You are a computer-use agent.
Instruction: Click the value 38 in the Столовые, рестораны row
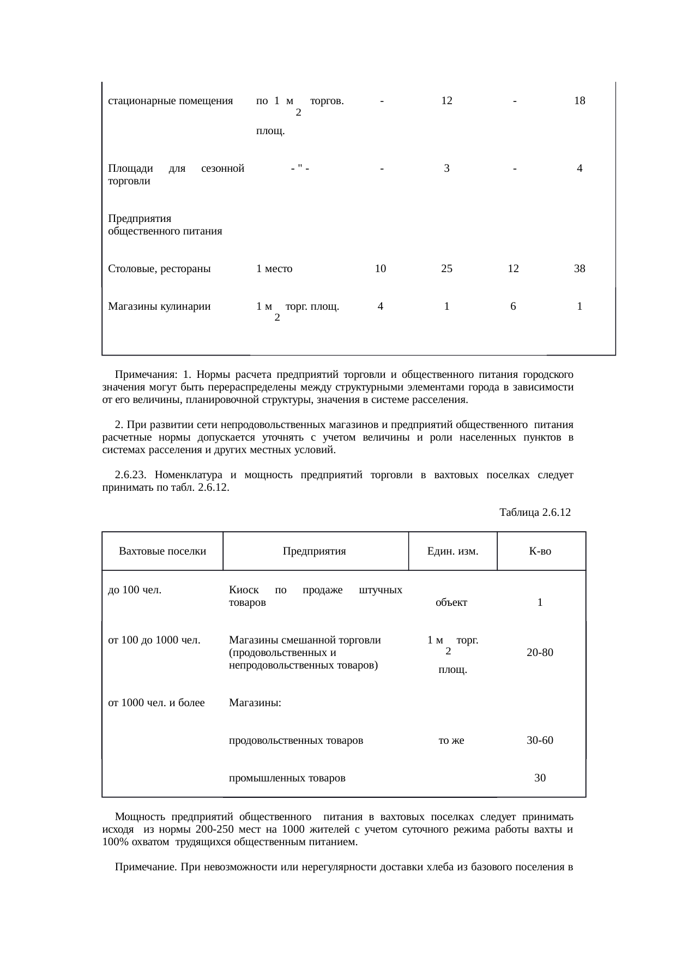point(580,268)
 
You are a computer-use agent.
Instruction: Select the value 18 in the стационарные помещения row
point(580,101)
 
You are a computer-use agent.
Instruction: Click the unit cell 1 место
point(274,268)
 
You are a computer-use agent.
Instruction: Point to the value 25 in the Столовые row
point(446,268)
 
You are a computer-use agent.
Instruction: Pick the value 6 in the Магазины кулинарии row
point(513,306)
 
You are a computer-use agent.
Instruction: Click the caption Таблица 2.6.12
point(534,513)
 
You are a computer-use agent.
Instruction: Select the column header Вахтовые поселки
point(162,551)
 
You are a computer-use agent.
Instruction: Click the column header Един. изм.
point(452,551)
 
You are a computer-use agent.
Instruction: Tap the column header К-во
point(540,551)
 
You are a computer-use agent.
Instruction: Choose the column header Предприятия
point(315,551)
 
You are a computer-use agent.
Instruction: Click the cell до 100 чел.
point(135,590)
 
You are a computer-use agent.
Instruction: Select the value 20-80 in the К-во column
point(540,653)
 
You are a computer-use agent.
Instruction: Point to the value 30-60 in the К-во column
point(540,741)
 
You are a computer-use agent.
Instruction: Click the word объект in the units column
point(451,603)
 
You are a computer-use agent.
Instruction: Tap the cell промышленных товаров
point(287,778)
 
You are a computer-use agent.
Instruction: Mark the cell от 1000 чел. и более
point(156,703)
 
